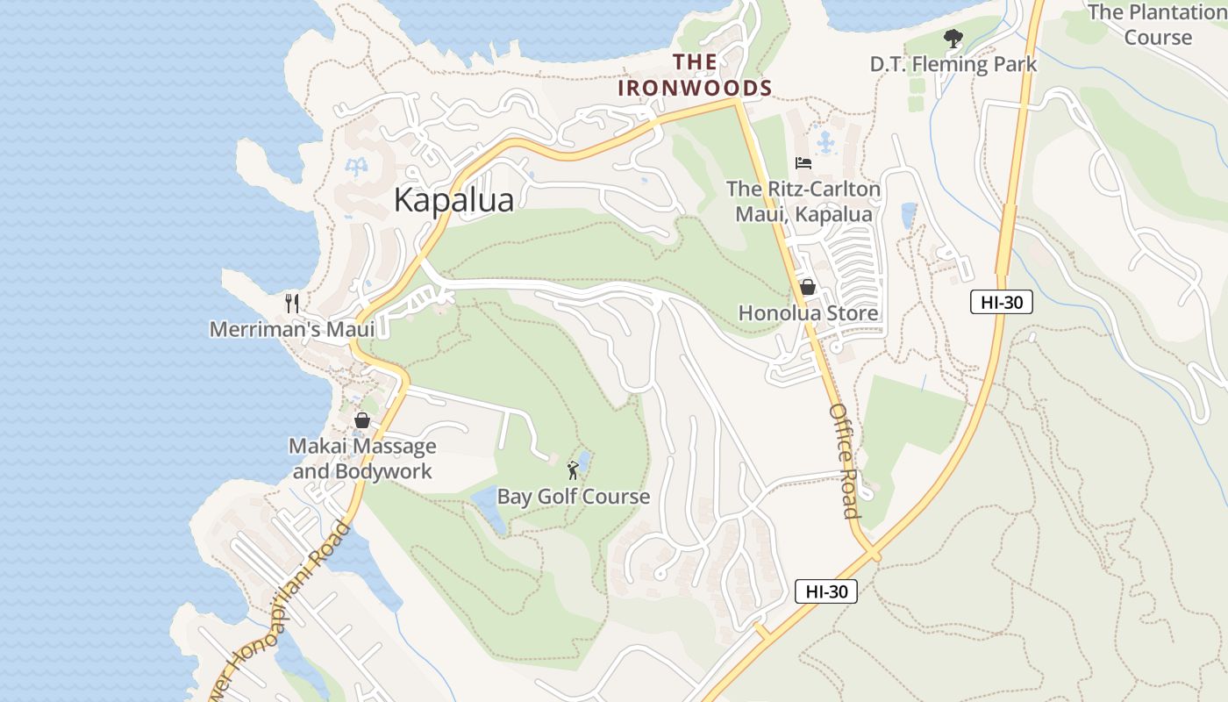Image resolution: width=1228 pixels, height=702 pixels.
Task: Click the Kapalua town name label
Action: tap(453, 199)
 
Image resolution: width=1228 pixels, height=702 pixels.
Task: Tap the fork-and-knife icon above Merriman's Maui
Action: tap(292, 304)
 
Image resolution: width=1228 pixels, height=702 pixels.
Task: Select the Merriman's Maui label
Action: tap(292, 329)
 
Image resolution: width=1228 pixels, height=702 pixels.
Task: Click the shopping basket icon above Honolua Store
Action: tap(808, 287)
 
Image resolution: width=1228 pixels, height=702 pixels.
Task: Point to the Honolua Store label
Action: tap(808, 313)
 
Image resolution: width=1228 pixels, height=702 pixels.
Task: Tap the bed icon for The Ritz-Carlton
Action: tap(803, 162)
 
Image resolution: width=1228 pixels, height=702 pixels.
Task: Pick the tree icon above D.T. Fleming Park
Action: tap(953, 38)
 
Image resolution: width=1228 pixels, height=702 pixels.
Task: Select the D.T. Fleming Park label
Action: tap(953, 64)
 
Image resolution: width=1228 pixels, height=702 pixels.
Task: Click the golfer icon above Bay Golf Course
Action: tap(573, 470)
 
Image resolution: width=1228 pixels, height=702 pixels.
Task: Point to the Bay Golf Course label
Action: tap(574, 497)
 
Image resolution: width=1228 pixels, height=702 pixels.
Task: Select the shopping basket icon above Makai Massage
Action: tap(362, 420)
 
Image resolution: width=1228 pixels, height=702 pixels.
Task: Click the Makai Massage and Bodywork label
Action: tap(362, 459)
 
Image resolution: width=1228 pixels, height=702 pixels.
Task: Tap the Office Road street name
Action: tap(844, 461)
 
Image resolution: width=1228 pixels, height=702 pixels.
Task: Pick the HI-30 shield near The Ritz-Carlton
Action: tap(1002, 303)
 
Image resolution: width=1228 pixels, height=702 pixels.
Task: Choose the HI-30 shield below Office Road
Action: tap(826, 591)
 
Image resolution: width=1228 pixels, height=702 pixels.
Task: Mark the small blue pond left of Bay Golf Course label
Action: tap(489, 507)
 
